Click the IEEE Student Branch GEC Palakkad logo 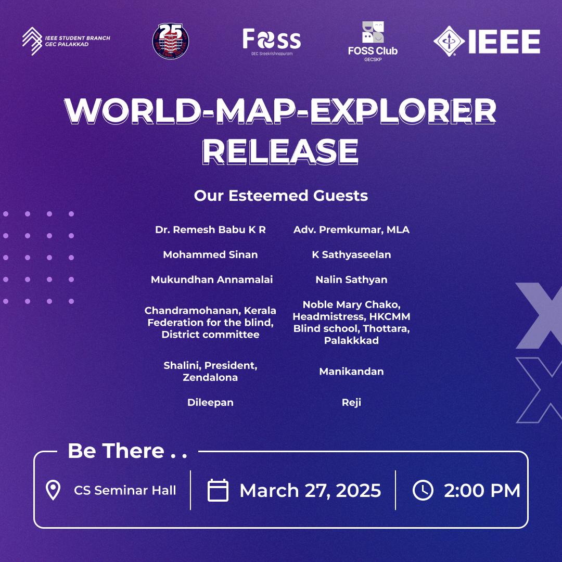coord(66,41)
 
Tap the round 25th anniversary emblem coord(171,41)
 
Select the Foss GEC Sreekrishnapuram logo coord(272,42)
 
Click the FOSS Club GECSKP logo coord(373,41)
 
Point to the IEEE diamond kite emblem coord(449,41)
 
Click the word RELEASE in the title coord(280,152)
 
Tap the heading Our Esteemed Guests coord(281,196)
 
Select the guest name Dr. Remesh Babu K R coord(210,230)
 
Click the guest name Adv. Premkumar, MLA coord(351,230)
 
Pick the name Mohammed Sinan coord(210,254)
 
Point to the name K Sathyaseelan coord(351,255)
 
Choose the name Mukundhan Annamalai coord(211,279)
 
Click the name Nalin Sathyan coord(351,279)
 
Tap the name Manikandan coord(351,372)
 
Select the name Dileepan coord(210,402)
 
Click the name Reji coord(351,402)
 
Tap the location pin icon coord(53,490)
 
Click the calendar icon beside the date coord(218,490)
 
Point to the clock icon coord(423,490)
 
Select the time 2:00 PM coord(482,490)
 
